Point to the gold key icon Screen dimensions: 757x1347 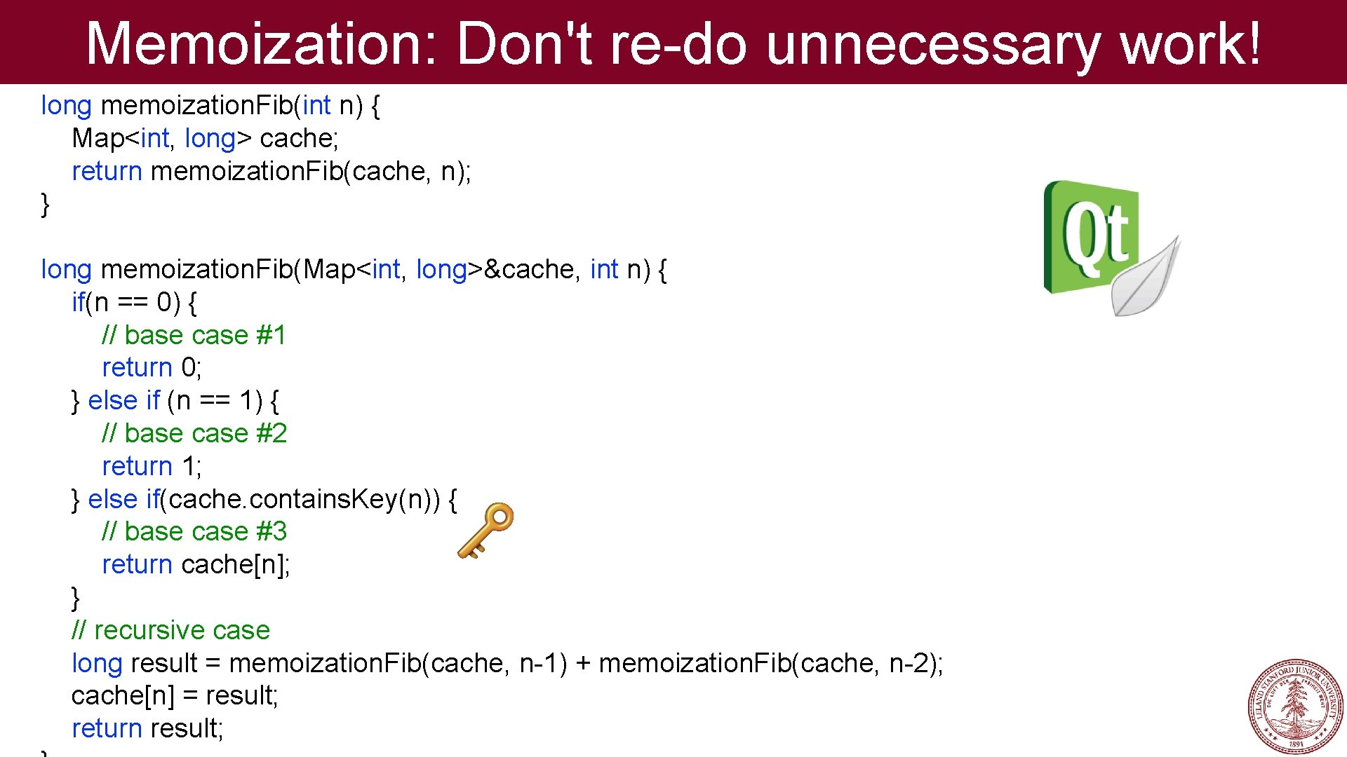(485, 531)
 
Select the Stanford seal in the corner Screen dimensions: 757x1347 (1295, 707)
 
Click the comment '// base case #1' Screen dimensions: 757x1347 (194, 335)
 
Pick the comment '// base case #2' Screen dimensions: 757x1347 (194, 433)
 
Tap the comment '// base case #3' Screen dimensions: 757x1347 (194, 531)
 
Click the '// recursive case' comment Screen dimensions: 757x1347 (170, 630)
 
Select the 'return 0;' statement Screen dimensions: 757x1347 (152, 367)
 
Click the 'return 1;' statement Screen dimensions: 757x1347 (152, 466)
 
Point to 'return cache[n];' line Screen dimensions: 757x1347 (196, 564)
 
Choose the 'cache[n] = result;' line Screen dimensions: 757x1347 (175, 695)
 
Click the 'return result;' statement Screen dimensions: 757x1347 (147, 728)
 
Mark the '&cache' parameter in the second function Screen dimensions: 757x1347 (532, 269)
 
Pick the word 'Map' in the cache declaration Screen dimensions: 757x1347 (98, 138)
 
